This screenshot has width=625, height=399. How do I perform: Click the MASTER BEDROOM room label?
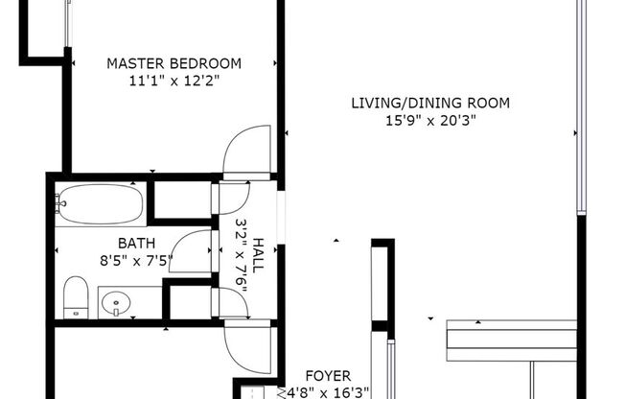174,63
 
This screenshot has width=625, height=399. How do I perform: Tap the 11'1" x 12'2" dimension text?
174,81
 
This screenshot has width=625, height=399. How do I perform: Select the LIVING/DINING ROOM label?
429,103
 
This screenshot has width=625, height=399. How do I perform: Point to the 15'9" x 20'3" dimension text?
430,120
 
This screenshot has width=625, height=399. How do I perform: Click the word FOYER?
328,375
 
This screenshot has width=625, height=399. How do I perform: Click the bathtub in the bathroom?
101,203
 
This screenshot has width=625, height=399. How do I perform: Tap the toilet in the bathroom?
76,296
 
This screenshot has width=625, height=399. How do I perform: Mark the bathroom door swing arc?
192,252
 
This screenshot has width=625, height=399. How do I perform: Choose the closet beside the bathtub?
181,200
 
